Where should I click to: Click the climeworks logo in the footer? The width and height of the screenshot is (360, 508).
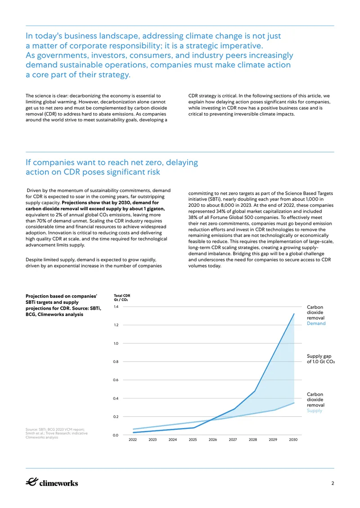(52, 482)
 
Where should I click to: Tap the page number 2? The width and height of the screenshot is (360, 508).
(333, 483)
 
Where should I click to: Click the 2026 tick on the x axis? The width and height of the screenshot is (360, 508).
(213, 440)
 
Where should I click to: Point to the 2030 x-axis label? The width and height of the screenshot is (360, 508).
(293, 440)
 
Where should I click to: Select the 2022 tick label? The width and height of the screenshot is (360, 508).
(133, 440)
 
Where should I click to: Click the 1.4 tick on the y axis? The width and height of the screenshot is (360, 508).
(116, 307)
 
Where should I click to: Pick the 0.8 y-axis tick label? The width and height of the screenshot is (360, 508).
(116, 361)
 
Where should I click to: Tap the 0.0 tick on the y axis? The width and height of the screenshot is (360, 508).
(116, 435)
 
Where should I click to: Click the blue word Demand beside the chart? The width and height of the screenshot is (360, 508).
(316, 323)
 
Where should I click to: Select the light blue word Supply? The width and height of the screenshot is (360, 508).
(315, 410)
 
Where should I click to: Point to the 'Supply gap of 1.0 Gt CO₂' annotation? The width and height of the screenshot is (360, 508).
(321, 359)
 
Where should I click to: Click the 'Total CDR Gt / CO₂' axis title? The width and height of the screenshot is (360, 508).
(122, 298)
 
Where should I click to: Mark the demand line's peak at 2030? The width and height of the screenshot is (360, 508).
(294, 314)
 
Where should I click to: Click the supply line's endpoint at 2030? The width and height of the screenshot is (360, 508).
(294, 403)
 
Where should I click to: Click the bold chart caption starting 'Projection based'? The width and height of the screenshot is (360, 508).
(63, 305)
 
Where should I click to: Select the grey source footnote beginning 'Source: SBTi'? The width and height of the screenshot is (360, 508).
(56, 433)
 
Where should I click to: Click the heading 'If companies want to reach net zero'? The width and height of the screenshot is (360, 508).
(112, 167)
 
